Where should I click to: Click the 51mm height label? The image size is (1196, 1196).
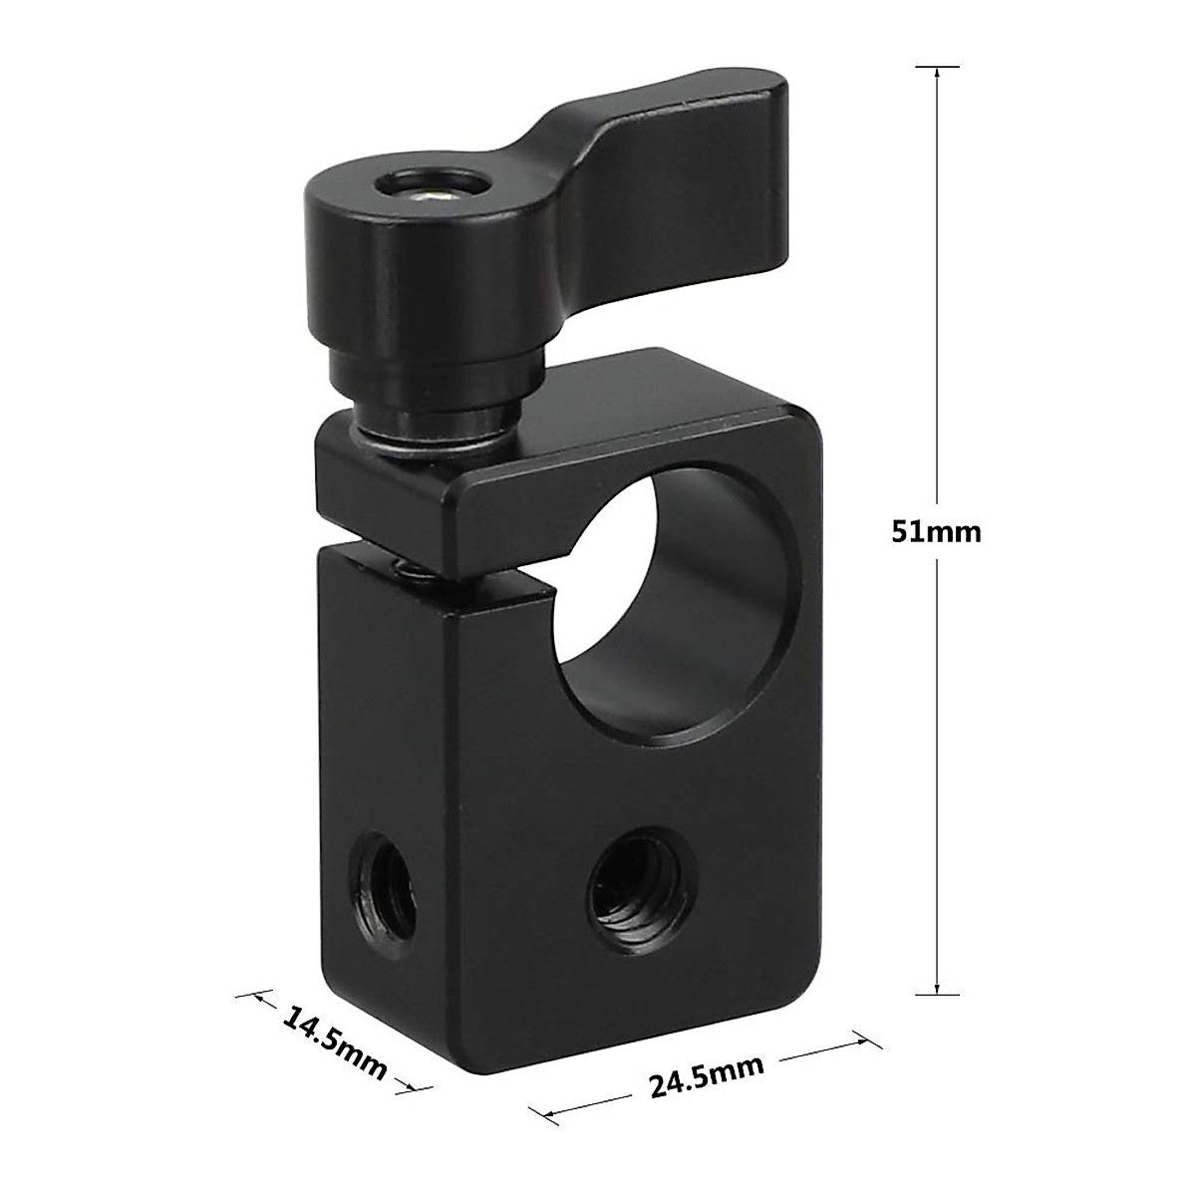[936, 531]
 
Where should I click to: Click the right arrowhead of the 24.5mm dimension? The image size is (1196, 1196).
[858, 1040]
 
